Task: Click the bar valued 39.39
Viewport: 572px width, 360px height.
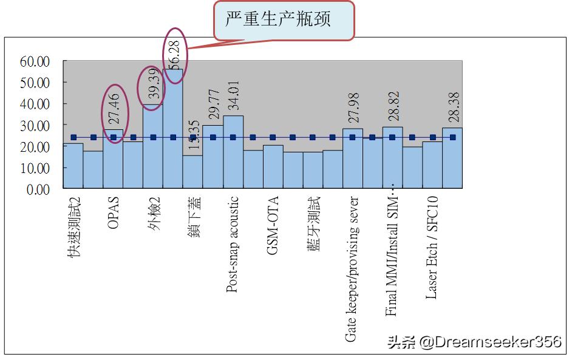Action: coord(153,146)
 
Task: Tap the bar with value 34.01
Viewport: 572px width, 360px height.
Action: coord(233,152)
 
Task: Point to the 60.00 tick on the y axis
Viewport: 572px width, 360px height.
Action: coord(35,61)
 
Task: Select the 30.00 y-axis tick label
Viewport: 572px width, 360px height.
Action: coord(35,125)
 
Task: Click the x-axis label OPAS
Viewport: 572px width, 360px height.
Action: coord(114,212)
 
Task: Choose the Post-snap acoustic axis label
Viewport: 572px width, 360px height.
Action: coord(233,245)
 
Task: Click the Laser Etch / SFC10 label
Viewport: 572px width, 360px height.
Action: coord(432,247)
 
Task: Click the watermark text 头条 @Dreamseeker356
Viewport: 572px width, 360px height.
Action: coord(474,342)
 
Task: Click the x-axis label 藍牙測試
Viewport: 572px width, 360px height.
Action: coord(313,223)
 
